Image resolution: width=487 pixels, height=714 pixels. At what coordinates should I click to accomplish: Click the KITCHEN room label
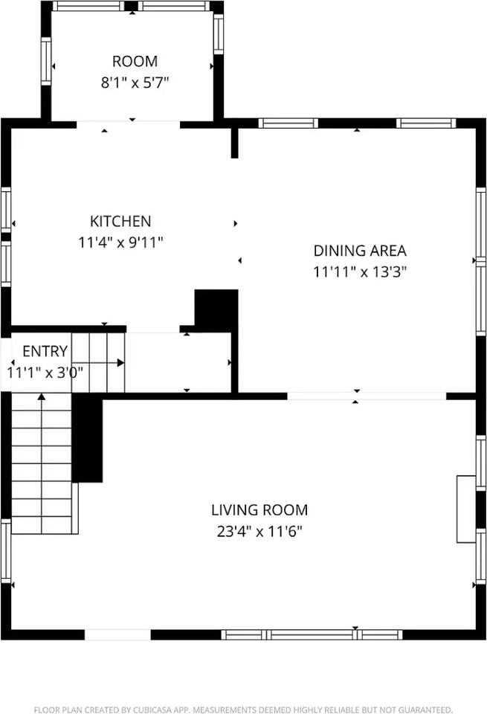click(120, 222)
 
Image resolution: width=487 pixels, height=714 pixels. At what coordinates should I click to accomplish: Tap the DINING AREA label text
click(360, 251)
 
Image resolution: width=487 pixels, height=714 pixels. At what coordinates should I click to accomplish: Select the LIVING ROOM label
click(259, 510)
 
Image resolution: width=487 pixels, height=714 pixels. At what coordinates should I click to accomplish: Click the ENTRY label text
click(45, 351)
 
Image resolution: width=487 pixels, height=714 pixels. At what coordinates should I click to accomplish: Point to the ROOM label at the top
click(135, 61)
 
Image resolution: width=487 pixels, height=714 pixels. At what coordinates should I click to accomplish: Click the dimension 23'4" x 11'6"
click(259, 531)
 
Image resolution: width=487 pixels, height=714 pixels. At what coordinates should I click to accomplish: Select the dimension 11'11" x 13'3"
click(360, 272)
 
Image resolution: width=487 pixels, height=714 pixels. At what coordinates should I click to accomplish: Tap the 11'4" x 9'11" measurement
click(120, 242)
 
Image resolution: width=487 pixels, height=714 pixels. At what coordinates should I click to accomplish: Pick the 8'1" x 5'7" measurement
click(135, 83)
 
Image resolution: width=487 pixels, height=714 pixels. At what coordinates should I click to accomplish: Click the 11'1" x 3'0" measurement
click(45, 373)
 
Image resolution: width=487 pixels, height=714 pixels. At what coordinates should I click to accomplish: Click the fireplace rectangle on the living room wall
click(466, 509)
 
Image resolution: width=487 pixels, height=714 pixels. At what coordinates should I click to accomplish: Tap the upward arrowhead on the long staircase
click(42, 397)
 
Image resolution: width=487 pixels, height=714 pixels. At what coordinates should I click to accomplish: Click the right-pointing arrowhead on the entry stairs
click(120, 362)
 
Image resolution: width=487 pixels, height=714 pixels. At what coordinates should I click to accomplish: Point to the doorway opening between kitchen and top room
click(129, 124)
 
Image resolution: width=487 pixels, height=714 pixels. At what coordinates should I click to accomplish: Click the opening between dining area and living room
click(367, 396)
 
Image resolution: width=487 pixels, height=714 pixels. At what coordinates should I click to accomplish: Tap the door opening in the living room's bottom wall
click(118, 634)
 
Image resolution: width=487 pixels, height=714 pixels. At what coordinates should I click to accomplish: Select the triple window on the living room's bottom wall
click(312, 634)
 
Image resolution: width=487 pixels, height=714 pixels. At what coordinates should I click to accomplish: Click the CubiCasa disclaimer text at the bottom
click(244, 710)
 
